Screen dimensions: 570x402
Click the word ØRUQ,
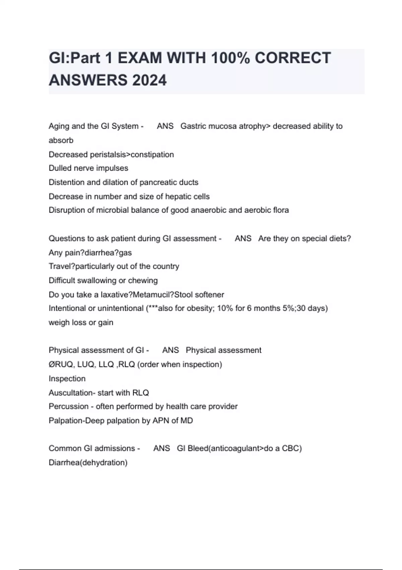tap(62, 364)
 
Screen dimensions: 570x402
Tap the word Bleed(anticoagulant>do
tap(230, 448)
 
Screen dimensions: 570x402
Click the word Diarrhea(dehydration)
tap(88, 463)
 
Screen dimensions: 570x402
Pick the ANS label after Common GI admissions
tap(161, 448)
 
